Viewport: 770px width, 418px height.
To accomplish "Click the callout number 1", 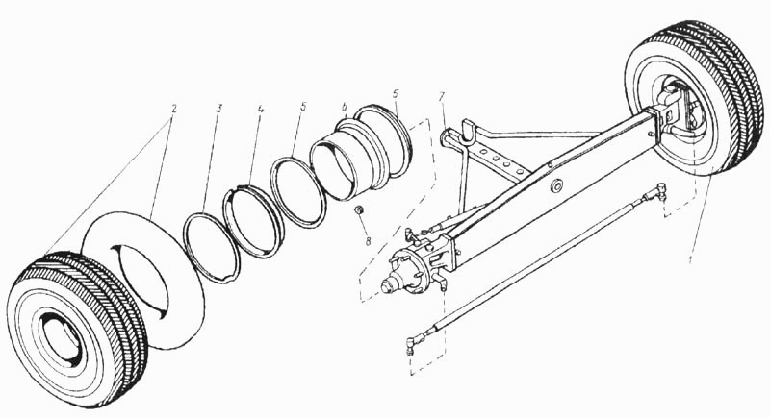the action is [691, 259].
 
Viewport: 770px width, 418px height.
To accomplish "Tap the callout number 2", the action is [172, 109].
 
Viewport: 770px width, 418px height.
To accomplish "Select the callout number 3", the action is [219, 109].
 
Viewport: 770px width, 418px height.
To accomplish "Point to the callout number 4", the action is [261, 110].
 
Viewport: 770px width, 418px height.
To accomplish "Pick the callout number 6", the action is [345, 107].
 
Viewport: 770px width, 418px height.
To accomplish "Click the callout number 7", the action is [442, 96].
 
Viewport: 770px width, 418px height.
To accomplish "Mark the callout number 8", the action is [368, 240].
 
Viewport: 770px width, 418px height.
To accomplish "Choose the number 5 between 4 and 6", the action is [303, 107].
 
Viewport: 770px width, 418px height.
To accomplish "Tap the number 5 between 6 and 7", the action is [397, 93].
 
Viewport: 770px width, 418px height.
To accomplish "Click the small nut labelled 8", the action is [359, 210].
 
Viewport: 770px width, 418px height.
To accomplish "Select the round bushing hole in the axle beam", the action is [556, 186].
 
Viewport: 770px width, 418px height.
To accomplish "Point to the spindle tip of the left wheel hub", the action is [388, 286].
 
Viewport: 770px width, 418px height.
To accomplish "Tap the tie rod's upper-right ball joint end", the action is [659, 191].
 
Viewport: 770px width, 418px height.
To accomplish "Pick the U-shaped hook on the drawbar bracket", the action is [469, 129].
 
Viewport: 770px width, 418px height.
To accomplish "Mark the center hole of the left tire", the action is [60, 339].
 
